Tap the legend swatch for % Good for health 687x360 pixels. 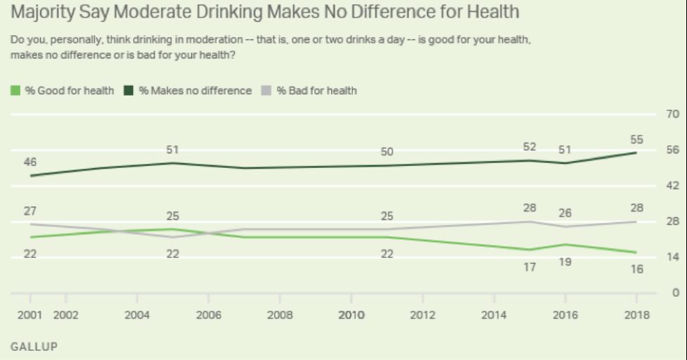point(15,90)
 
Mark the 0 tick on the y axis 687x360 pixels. point(674,292)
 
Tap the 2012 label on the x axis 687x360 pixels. point(423,314)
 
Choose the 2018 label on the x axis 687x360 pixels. point(636,314)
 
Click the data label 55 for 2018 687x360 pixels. point(636,141)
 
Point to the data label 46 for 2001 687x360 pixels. point(30,162)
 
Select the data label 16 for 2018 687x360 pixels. point(636,269)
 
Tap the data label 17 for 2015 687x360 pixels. point(530,266)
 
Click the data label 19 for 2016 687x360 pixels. point(565,262)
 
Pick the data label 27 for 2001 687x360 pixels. point(30,211)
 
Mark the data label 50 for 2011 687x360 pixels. point(387,152)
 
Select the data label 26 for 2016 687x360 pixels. point(565,213)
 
